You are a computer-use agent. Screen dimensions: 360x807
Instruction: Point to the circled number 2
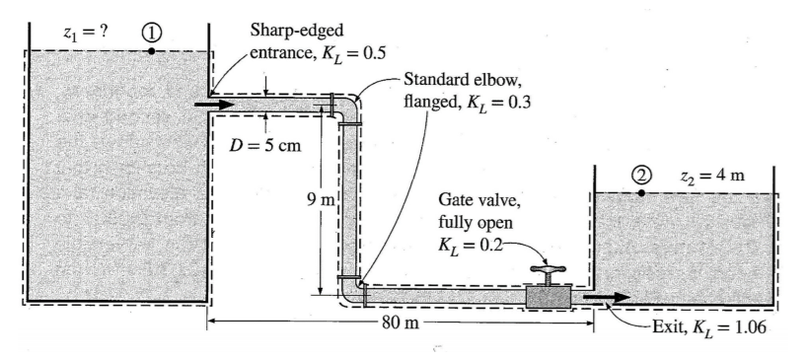(641, 175)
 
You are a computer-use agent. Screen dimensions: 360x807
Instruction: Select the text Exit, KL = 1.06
(709, 327)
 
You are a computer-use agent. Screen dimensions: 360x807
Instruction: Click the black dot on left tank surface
(150, 50)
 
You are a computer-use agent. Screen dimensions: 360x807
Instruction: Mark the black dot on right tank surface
(641, 192)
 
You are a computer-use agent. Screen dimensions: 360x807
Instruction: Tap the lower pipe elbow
(352, 289)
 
